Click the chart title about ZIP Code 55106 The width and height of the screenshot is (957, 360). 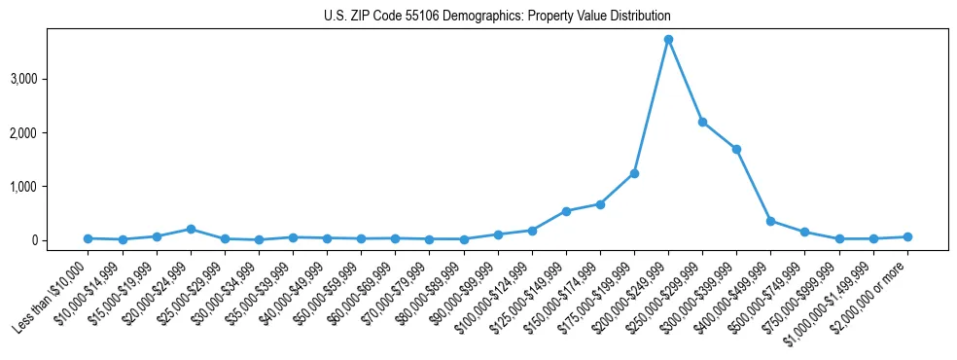pos(497,17)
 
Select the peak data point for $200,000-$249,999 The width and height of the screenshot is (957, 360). pos(668,39)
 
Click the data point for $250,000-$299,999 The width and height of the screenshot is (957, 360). pos(702,122)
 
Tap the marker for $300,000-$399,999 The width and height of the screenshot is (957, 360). pos(736,149)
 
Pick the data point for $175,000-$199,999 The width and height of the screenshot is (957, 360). pos(634,173)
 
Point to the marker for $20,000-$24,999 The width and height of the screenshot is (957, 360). pos(191,229)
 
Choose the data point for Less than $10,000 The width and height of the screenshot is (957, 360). pos(88,238)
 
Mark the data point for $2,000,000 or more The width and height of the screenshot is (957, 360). pos(907,236)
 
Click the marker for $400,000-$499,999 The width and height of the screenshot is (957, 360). pos(770,221)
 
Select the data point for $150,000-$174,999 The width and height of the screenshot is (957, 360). pos(600,204)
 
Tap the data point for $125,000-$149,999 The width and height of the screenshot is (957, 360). pos(566,211)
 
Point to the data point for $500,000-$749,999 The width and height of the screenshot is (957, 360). pos(804,232)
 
